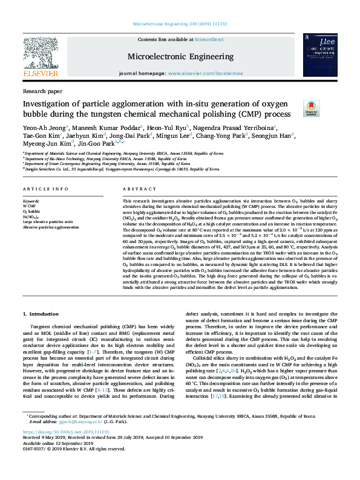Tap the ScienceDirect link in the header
(x=209, y=39)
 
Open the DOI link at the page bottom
(x=60, y=450)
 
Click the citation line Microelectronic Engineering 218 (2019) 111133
(x=180, y=25)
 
